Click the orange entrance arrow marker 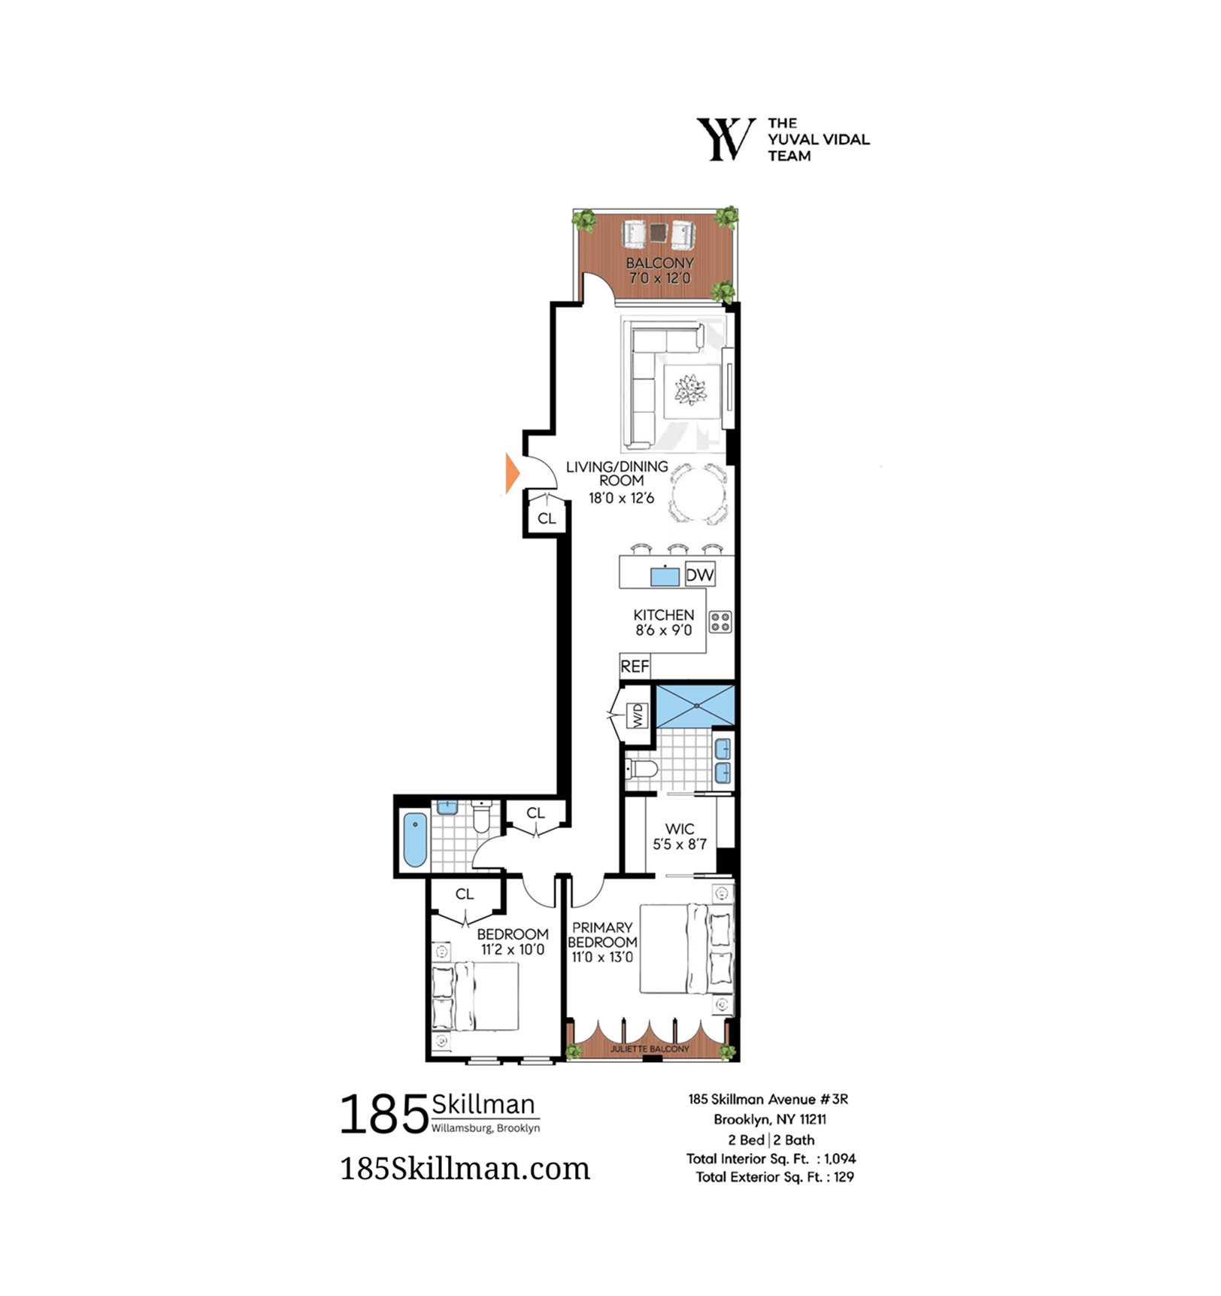point(512,473)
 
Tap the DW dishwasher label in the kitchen point(699,575)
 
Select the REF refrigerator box point(635,666)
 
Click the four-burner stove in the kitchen point(720,622)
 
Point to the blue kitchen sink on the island point(665,576)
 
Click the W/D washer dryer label point(638,715)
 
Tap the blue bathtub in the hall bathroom point(415,839)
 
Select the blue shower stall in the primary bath point(695,706)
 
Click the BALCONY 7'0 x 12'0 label point(660,270)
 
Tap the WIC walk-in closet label point(680,836)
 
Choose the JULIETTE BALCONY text point(650,1049)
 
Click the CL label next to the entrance point(547,518)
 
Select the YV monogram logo point(726,138)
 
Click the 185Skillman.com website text point(465,1168)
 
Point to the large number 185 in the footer point(384,1114)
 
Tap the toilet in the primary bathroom point(641,769)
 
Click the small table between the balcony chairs point(659,232)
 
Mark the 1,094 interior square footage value point(841,1159)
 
